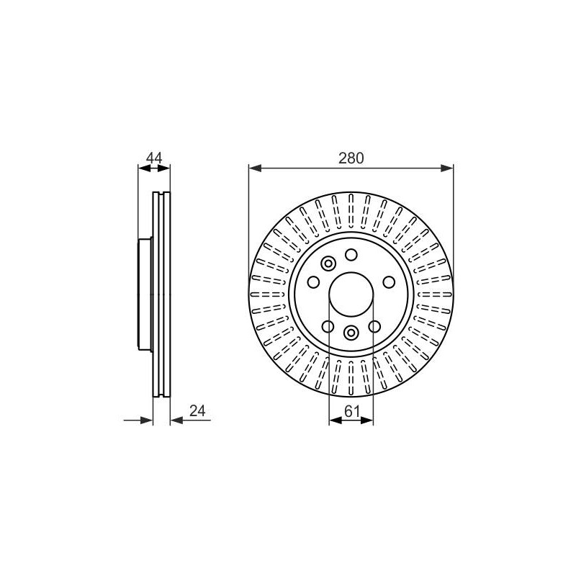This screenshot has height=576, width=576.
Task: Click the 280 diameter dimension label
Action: coord(351,158)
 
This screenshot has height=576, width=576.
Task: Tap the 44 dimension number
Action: coord(154,158)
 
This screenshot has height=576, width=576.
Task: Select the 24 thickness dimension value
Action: coord(197,411)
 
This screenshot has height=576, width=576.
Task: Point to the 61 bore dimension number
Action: coord(352,411)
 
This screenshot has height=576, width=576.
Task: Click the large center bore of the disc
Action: coord(351,294)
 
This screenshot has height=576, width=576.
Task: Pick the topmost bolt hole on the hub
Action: coord(351,254)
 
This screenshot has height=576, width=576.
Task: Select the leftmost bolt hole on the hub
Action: coord(313,282)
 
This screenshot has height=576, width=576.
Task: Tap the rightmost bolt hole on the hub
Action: coord(389,282)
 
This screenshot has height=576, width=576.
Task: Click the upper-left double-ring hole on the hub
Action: coord(328,263)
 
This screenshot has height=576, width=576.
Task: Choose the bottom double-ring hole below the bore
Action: coord(351,333)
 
